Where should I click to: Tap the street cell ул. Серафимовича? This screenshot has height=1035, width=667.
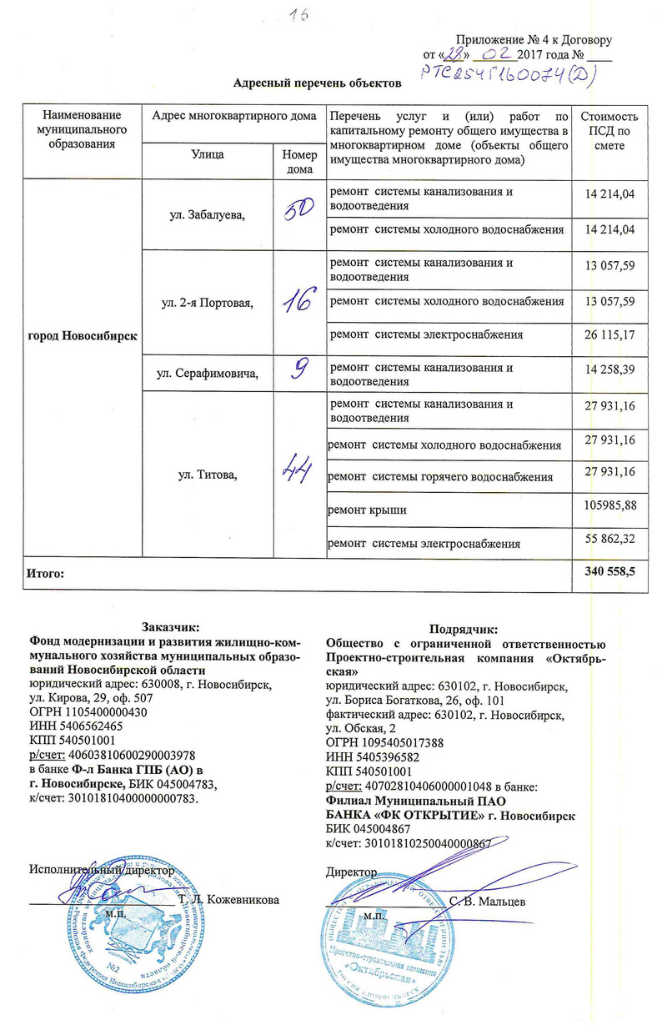(208, 373)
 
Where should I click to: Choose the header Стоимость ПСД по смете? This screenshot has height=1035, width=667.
(613, 130)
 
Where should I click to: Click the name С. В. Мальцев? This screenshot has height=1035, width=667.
(488, 901)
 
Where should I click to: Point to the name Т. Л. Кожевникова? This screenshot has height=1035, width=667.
(228, 901)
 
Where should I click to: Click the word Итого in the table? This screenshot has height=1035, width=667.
(47, 574)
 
